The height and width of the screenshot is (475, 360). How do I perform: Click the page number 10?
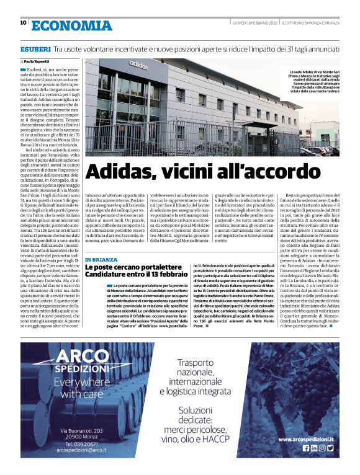23,22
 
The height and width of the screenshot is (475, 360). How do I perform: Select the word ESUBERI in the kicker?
35,48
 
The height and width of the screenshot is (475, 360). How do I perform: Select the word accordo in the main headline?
231,171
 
